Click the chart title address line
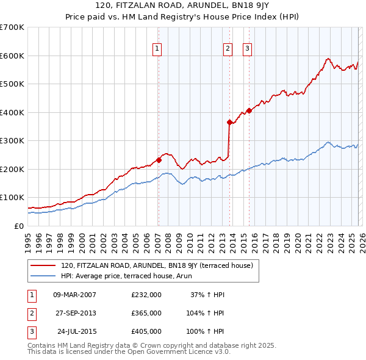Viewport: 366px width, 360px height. pyautogui.click(x=183, y=5)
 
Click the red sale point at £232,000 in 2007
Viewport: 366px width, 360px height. pyautogui.click(x=159, y=160)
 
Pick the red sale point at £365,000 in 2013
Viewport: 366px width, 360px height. pyautogui.click(x=229, y=122)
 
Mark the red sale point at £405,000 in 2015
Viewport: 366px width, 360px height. pyautogui.click(x=249, y=110)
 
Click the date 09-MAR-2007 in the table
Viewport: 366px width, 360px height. pyautogui.click(x=74, y=295)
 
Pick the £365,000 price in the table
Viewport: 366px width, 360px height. pyautogui.click(x=146, y=313)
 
